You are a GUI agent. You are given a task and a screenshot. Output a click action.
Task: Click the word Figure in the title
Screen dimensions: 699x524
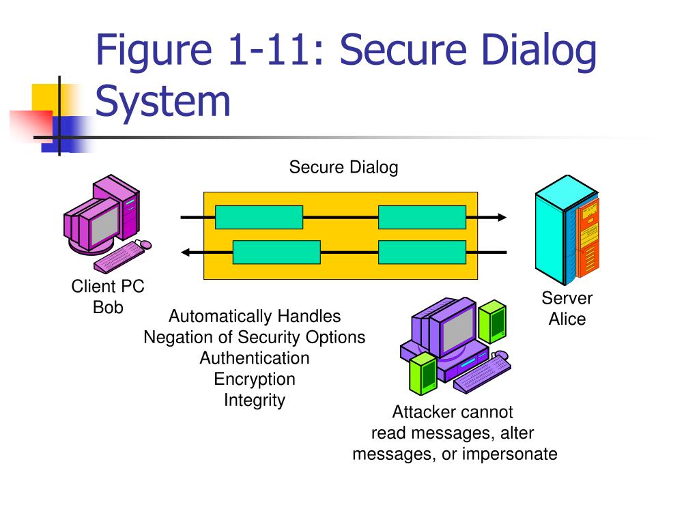click(154, 51)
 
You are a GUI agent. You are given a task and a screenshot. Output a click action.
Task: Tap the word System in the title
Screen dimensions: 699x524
click(162, 101)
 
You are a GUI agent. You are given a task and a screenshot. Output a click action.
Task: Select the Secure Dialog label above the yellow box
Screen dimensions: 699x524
click(343, 167)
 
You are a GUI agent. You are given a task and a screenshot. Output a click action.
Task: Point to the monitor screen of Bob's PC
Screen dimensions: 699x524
click(105, 225)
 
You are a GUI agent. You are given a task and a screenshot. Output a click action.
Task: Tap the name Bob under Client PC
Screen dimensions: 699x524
click(108, 307)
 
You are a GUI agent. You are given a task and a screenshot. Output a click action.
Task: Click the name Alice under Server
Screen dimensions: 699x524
click(567, 319)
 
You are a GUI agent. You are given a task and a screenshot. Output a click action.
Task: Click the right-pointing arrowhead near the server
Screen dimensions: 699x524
click(502, 218)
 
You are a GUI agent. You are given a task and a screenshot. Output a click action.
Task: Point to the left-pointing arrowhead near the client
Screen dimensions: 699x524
click(186, 252)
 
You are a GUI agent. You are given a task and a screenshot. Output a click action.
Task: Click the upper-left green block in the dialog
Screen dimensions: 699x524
click(259, 218)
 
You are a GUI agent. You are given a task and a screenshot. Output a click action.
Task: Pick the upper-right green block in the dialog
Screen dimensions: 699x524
click(422, 218)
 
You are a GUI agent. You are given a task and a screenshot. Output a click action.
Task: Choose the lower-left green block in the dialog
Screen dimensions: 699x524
click(277, 252)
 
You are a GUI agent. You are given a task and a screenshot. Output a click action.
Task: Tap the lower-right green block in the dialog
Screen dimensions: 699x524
click(422, 252)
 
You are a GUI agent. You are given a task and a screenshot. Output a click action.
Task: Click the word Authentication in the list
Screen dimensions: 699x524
click(255, 358)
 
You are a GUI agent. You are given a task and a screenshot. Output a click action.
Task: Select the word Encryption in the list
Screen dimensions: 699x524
click(255, 379)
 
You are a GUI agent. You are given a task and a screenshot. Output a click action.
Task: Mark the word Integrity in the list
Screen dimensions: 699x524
click(255, 400)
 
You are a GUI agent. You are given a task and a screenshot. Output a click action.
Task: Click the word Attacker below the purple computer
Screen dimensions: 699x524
click(420, 412)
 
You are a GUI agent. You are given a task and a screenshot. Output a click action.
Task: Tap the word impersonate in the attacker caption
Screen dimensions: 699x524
click(509, 454)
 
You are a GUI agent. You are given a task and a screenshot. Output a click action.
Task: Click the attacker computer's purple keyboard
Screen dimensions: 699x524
click(483, 373)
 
